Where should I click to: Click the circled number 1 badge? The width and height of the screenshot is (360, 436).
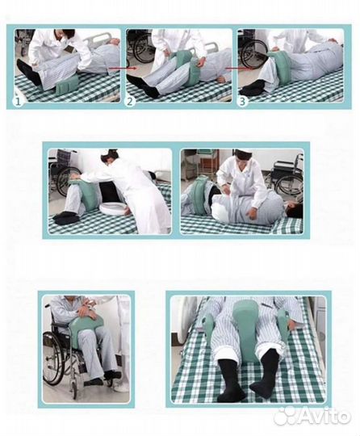coord(18,101)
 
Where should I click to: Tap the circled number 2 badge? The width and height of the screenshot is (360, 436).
coord(130,101)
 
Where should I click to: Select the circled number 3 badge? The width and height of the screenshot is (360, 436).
coord(242,101)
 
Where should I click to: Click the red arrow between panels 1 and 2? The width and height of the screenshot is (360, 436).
coord(123,68)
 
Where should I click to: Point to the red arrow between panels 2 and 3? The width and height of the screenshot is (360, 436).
coord(238,68)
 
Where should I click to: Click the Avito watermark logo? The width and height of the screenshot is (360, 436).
coord(311,417)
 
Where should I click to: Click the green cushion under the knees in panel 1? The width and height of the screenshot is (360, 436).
coord(68,85)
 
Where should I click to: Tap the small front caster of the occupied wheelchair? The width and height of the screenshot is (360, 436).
coord(74,388)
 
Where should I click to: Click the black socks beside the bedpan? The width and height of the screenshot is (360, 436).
coord(67,217)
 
